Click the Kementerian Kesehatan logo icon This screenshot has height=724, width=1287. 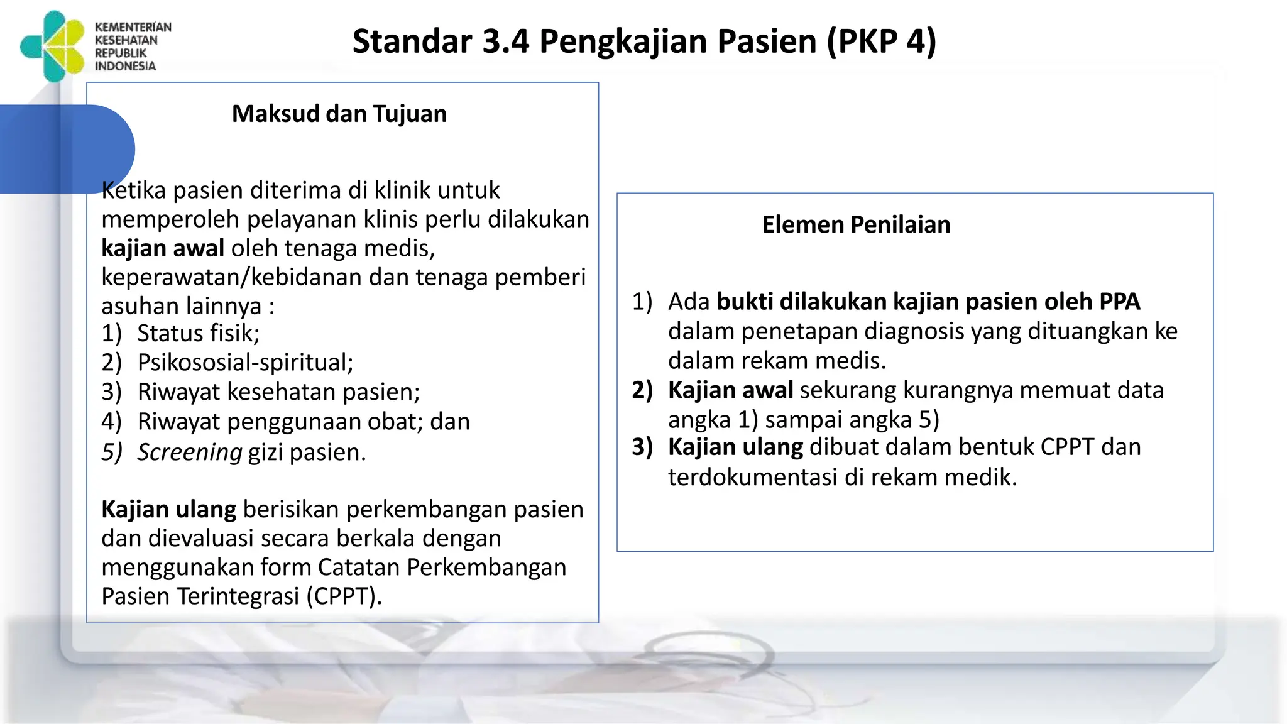tap(53, 47)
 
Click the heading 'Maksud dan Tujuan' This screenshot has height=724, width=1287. tap(339, 114)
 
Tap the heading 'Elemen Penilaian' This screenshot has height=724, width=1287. tap(856, 224)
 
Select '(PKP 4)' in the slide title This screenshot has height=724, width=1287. tap(881, 41)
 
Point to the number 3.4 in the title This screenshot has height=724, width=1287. tap(506, 41)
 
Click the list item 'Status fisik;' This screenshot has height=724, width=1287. tap(198, 333)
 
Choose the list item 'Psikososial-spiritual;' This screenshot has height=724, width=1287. tap(245, 363)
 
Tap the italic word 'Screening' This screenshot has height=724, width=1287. tap(189, 452)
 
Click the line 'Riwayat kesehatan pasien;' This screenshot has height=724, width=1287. tap(278, 392)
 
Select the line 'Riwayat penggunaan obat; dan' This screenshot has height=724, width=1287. tap(304, 422)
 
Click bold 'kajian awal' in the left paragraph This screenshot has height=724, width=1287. tap(163, 248)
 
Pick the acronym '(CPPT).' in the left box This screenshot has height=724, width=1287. tap(344, 596)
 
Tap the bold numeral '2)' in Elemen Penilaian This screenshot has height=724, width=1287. tap(642, 390)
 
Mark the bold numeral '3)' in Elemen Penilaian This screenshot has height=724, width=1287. tap(642, 447)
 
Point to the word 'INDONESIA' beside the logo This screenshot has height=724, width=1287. tap(125, 66)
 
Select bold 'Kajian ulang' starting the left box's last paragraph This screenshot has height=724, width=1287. tap(168, 509)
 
